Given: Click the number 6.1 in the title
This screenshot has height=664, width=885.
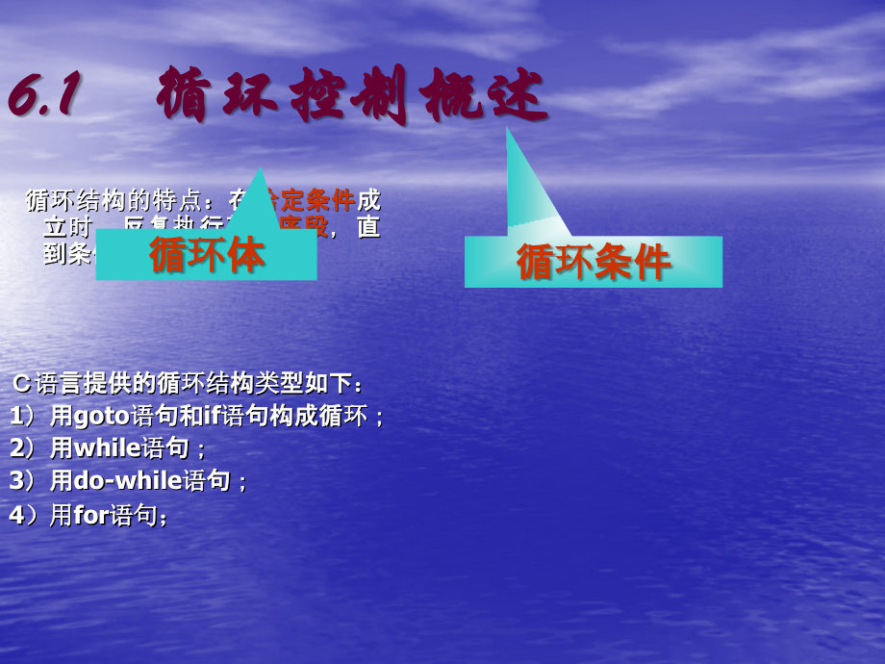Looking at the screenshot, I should point(43,96).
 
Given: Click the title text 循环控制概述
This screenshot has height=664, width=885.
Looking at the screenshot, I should point(351,96).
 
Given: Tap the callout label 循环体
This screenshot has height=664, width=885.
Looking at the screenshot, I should point(206,255).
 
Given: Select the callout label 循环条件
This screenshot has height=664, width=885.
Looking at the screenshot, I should point(593,262).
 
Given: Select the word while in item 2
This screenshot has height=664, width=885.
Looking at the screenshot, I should point(107,448).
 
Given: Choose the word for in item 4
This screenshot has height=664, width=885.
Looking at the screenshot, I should point(91,515).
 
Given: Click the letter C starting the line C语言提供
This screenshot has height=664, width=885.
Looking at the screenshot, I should point(22,384).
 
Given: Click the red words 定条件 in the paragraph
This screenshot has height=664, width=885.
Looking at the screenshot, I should point(317,201).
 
